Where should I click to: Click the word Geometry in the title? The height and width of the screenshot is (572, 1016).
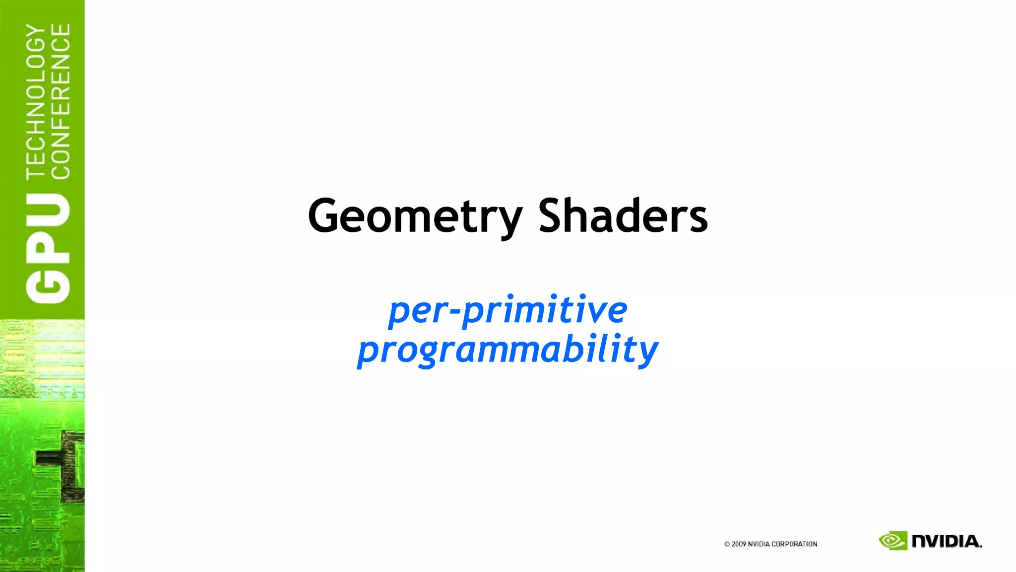point(415,216)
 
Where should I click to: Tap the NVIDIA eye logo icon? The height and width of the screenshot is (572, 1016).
point(892,541)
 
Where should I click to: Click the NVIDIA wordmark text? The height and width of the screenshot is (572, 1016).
point(947,541)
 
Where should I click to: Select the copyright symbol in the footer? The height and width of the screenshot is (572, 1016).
point(727,544)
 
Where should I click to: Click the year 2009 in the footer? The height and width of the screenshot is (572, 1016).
point(739,544)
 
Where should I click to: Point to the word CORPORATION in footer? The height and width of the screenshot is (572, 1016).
point(794,544)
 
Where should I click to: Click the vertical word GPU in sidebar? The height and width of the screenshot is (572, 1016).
point(48,248)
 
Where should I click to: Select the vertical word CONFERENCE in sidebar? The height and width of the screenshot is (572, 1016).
point(61,102)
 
